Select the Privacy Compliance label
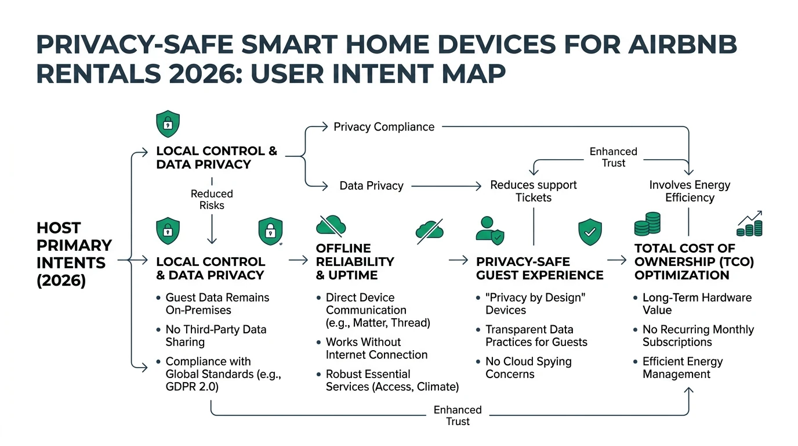[383, 127]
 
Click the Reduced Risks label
[212, 199]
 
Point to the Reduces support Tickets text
[533, 191]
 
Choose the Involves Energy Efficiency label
[689, 191]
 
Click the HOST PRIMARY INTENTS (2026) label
[74, 254]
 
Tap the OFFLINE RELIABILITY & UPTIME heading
[354, 261]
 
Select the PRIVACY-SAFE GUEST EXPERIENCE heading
[539, 268]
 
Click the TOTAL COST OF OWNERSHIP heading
[694, 261]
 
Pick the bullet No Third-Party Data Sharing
[216, 336]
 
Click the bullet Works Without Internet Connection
[376, 348]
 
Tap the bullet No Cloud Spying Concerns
[528, 368]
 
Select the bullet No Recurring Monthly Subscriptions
[698, 336]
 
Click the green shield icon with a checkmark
[590, 232]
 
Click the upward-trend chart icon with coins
[749, 224]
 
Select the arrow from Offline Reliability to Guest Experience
[458, 261]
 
